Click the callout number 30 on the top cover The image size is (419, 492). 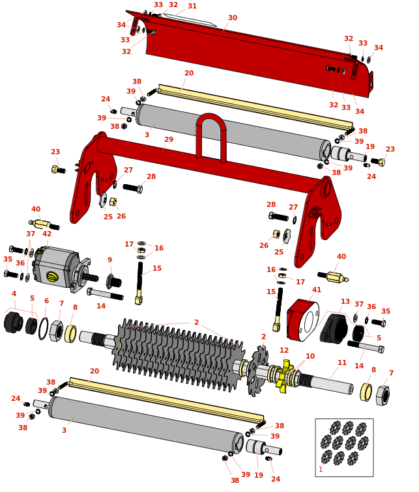233,18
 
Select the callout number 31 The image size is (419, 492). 192,6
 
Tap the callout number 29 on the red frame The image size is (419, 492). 169,140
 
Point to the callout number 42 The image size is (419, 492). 47,234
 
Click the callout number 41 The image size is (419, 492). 317,290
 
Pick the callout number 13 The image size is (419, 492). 345,301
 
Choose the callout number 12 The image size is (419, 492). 284,350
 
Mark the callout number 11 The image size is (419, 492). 342,362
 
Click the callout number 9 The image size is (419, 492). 109,260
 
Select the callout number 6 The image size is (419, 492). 46,301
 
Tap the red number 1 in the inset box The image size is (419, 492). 321,469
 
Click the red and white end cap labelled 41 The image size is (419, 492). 303,320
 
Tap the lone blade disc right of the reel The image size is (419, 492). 258,372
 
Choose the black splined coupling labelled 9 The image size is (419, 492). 113,282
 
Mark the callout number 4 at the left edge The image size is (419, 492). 14,294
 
